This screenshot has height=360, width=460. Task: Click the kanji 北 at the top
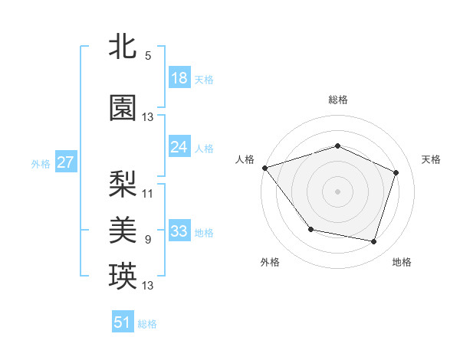pyautogui.click(x=123, y=46)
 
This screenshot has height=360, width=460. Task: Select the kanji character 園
pyautogui.click(x=123, y=108)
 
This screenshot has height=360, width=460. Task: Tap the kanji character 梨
pyautogui.click(x=123, y=183)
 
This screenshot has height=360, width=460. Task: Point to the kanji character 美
pyautogui.click(x=123, y=229)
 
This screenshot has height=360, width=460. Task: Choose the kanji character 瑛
pyautogui.click(x=123, y=276)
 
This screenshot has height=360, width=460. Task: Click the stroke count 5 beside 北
pyautogui.click(x=147, y=56)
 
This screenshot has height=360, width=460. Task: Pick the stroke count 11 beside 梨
pyautogui.click(x=148, y=194)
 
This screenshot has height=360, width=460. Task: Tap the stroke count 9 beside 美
pyautogui.click(x=148, y=240)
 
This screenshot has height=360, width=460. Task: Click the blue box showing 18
pyautogui.click(x=179, y=78)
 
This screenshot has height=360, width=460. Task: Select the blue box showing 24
pyautogui.click(x=179, y=147)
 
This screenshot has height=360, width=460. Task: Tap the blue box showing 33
pyautogui.click(x=179, y=231)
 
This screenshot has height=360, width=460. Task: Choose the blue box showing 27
pyautogui.click(x=66, y=162)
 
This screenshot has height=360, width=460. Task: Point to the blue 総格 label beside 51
pyautogui.click(x=147, y=324)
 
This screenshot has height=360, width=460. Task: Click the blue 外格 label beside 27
pyautogui.click(x=41, y=163)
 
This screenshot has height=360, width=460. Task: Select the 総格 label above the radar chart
pyautogui.click(x=337, y=100)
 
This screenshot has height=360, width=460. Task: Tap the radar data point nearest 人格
pyautogui.click(x=264, y=168)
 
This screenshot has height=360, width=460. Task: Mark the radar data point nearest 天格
pyautogui.click(x=396, y=172)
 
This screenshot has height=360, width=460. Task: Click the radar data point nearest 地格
pyautogui.click(x=373, y=242)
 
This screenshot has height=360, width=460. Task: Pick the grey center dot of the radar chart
pyautogui.click(x=337, y=191)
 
